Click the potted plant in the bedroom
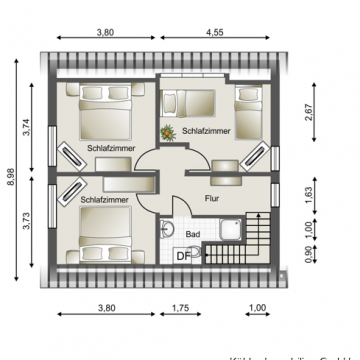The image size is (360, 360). point(168,130)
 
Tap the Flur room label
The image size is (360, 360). point(211,198)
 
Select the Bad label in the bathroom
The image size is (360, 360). point(193,234)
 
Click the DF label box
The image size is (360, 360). point(183,257)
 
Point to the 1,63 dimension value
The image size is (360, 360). point(309,193)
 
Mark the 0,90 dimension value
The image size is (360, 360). point(309,257)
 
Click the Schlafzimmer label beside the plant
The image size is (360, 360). point(207,131)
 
